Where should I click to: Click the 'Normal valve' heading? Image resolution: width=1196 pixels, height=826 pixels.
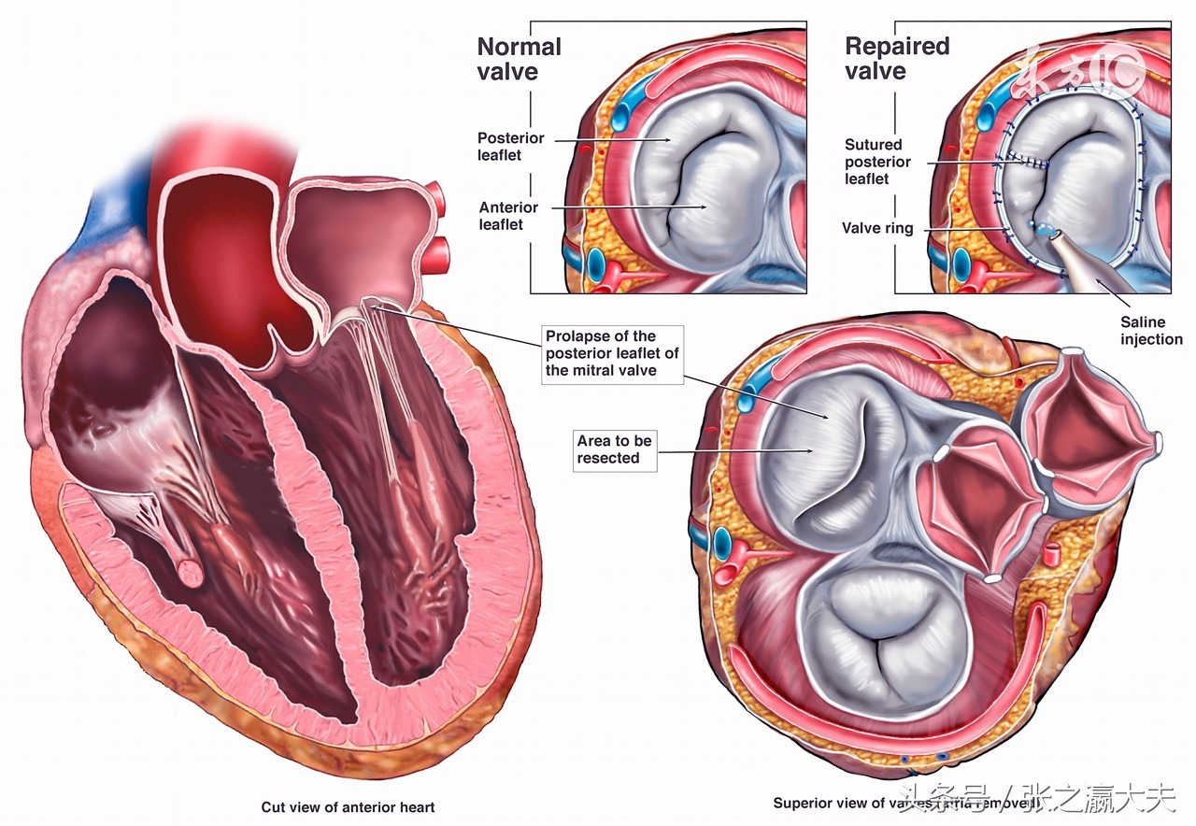click(x=519, y=59)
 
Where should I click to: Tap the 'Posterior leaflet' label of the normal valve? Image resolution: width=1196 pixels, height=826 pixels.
click(x=510, y=147)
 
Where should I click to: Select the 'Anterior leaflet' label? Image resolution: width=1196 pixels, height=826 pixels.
click(x=508, y=216)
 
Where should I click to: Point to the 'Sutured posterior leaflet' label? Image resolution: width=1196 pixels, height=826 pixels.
click(x=877, y=162)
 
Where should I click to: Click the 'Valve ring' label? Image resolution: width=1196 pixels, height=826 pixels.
click(x=877, y=228)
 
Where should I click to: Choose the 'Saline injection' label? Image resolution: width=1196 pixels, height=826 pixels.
click(x=1151, y=331)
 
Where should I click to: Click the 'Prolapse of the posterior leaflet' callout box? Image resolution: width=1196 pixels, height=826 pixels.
click(x=612, y=353)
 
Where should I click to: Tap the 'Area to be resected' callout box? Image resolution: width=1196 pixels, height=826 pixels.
click(x=614, y=449)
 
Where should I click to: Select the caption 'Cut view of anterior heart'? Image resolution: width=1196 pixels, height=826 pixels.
click(x=348, y=807)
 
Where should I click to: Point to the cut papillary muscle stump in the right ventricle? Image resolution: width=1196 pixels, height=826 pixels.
click(x=190, y=572)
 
